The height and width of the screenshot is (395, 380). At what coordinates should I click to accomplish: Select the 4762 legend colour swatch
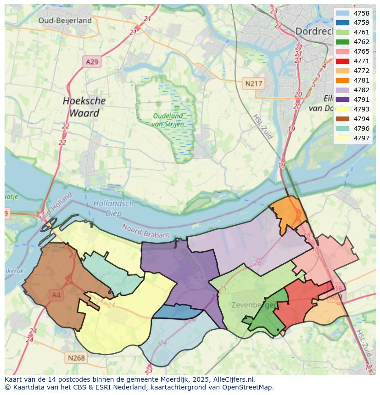pyautogui.click(x=342, y=42)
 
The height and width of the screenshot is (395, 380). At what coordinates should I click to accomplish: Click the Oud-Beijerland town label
pyautogui.click(x=65, y=20)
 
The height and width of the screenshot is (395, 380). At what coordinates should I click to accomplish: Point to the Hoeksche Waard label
pyautogui.click(x=84, y=106)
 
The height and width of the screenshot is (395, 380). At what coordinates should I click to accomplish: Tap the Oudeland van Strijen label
pyautogui.click(x=168, y=120)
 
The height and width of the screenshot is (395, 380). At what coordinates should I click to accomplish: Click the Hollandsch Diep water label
pyautogui.click(x=113, y=208)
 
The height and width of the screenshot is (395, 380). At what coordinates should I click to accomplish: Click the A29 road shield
pyautogui.click(x=92, y=61)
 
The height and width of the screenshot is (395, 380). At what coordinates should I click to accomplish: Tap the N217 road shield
pyautogui.click(x=253, y=83)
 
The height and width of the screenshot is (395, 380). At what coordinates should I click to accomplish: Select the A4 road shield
pyautogui.click(x=56, y=295)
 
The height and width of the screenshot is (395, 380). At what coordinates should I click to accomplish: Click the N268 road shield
pyautogui.click(x=77, y=358)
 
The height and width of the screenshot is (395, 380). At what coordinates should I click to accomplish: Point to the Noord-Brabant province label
pyautogui.click(x=145, y=231)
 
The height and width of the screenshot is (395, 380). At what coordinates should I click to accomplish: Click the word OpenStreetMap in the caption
pyautogui.click(x=249, y=387)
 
